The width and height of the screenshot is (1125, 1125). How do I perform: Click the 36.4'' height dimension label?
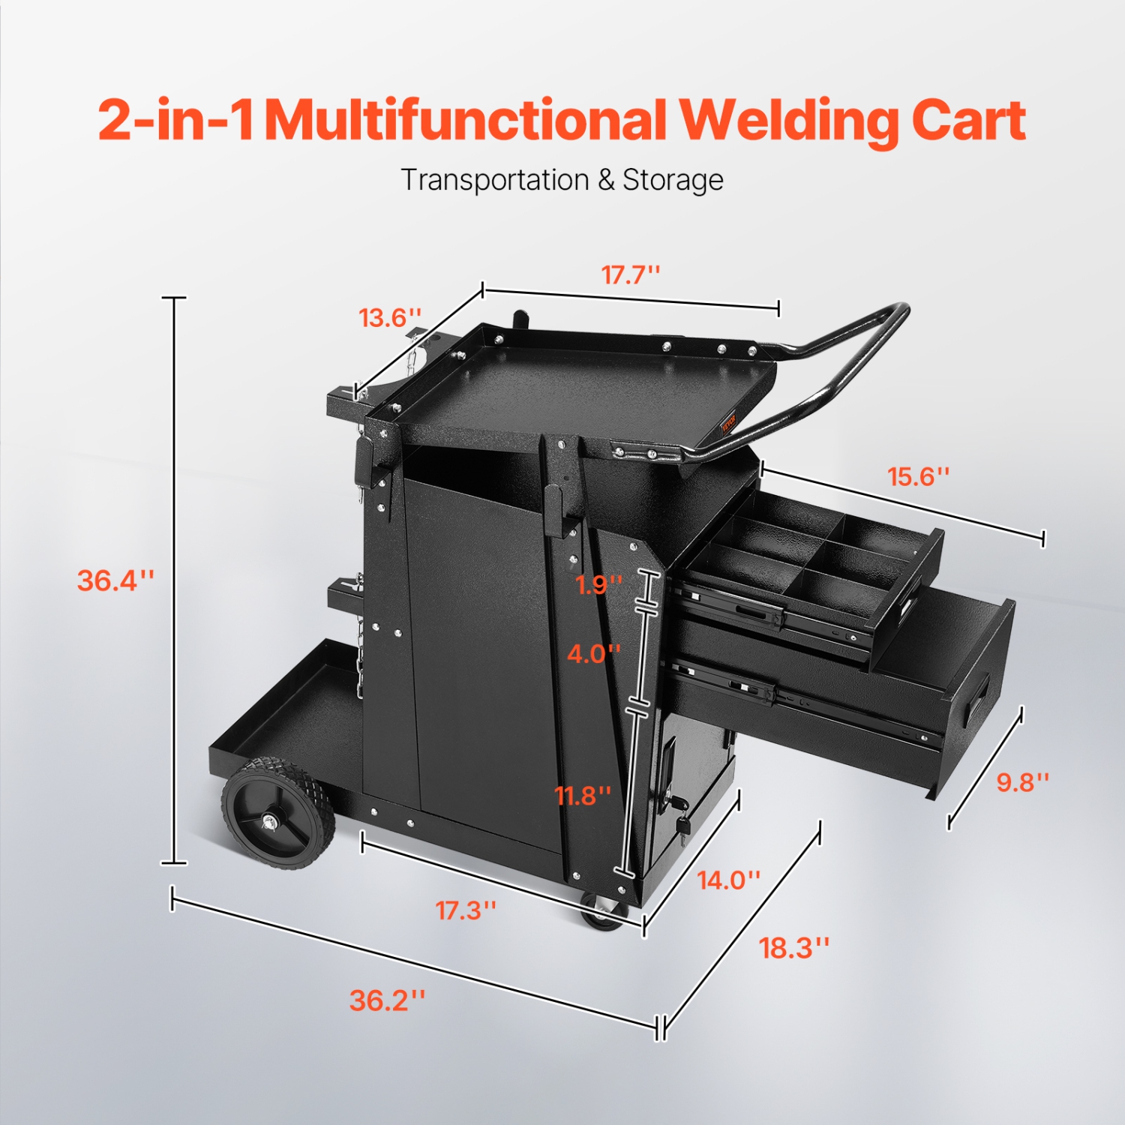115,580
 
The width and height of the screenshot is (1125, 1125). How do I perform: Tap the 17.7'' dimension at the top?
631,275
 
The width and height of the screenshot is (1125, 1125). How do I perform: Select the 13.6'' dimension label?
390,318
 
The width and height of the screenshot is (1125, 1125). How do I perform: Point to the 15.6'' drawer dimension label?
919,476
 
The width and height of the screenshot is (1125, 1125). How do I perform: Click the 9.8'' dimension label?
1022,782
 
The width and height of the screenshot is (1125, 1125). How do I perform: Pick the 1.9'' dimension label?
598,584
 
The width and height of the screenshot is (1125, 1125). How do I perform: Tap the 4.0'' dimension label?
593,653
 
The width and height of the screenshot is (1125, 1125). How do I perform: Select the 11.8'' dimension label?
583,795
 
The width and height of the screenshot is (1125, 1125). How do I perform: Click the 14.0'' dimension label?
728,880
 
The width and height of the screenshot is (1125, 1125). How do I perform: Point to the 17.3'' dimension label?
466,910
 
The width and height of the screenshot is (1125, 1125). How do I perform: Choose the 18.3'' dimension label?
794,948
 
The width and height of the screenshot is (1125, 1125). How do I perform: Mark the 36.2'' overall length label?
387,1000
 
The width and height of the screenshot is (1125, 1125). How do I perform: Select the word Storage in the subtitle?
673,180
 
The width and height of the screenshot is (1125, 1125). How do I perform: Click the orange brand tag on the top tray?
729,425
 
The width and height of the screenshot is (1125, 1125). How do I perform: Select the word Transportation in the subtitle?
495,180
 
